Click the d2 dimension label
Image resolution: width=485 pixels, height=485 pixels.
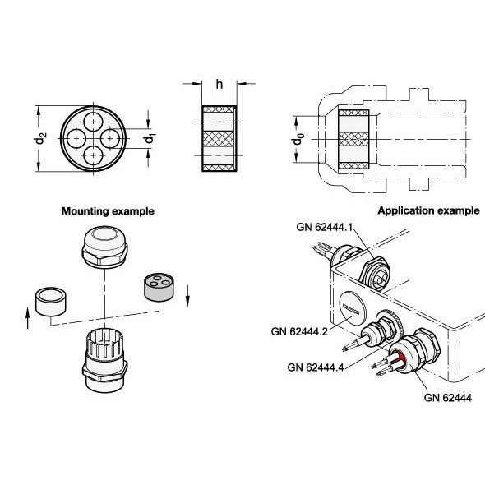[x=40, y=138]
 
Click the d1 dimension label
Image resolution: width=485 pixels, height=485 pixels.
[x=150, y=139]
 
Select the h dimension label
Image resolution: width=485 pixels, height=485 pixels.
[x=219, y=84]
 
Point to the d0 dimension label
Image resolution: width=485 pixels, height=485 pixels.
[x=298, y=139]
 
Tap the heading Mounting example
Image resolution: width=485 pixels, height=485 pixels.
[x=108, y=211]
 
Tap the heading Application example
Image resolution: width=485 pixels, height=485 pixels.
[x=429, y=210]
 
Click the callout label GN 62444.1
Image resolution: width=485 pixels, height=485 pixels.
[x=325, y=227]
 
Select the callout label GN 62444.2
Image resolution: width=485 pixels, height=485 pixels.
[x=299, y=331]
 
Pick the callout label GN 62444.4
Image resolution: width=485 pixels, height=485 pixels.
[x=316, y=367]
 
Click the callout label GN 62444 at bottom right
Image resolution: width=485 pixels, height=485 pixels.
[x=448, y=398]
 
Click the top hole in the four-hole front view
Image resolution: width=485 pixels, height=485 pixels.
[x=94, y=122]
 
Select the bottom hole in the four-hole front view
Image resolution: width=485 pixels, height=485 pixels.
[x=94, y=155]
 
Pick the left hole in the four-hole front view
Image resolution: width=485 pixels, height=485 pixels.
[x=76, y=139]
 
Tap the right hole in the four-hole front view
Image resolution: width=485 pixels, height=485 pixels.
[x=110, y=139]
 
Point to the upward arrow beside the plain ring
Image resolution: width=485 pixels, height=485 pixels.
[x=28, y=318]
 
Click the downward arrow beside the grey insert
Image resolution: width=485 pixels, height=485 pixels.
[x=187, y=296]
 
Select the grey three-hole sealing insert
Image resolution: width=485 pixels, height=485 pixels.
[x=159, y=287]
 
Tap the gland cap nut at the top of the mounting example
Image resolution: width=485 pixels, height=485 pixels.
[x=105, y=247]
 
